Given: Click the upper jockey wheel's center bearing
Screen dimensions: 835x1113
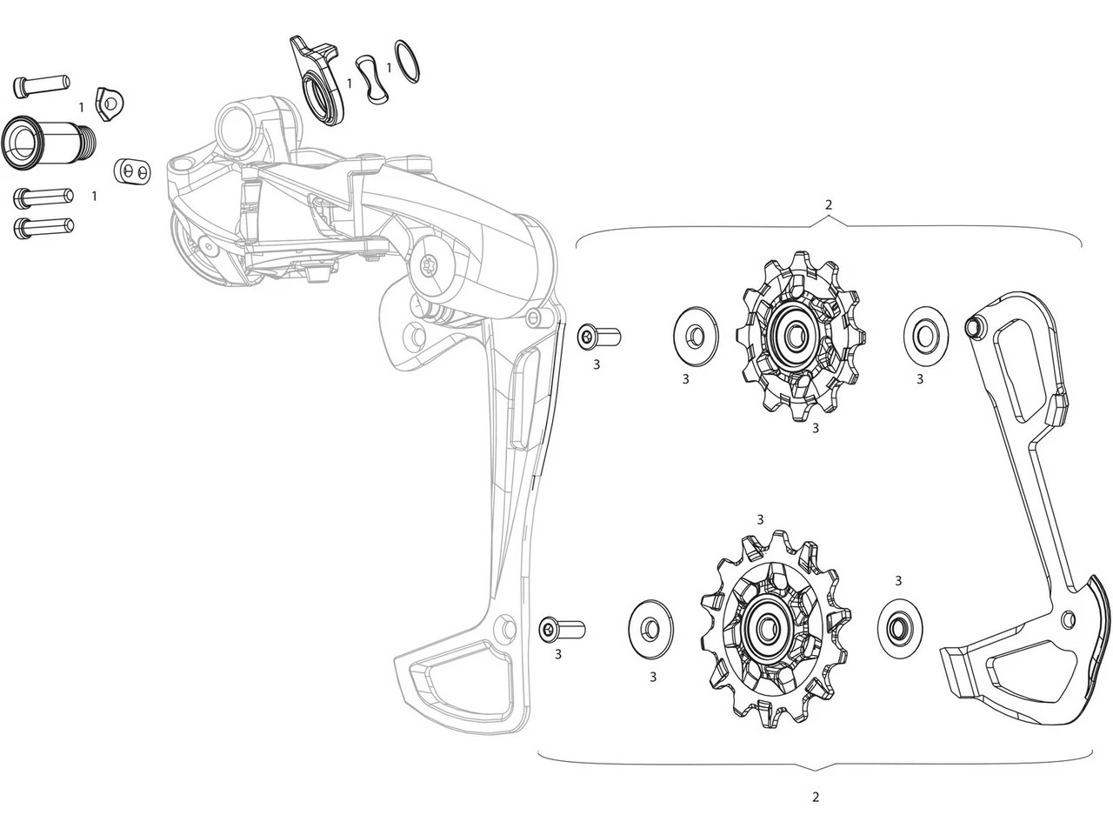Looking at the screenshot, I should click(798, 337).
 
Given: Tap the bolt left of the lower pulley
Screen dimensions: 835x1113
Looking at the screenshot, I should click(562, 628).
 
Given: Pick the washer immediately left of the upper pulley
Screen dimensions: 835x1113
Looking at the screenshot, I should click(695, 334).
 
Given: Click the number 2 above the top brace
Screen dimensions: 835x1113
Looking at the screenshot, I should click(828, 205).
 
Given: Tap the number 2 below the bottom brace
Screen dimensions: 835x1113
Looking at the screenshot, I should click(815, 797).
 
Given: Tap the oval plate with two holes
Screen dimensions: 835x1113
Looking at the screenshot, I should click(130, 171).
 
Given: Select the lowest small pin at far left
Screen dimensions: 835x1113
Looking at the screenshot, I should click(42, 228).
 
